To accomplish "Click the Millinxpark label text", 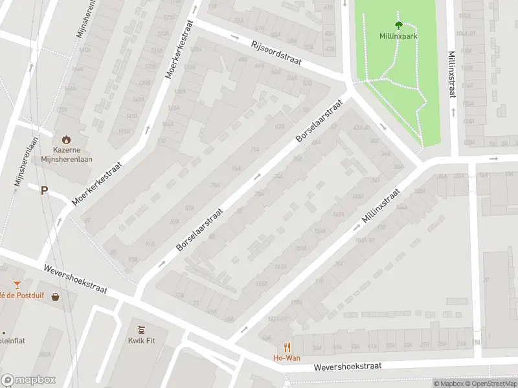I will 398,36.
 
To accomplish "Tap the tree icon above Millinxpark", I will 398,25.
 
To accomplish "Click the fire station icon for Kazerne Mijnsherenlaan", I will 66,139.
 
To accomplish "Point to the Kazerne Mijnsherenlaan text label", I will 68,154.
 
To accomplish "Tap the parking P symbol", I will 45,190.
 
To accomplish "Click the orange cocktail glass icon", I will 17,285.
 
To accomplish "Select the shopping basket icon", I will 56,297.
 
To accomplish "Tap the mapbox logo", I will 28,380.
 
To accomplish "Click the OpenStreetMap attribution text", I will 489,383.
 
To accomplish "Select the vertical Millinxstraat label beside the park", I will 451,74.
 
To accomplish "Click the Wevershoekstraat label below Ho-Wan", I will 348,367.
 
